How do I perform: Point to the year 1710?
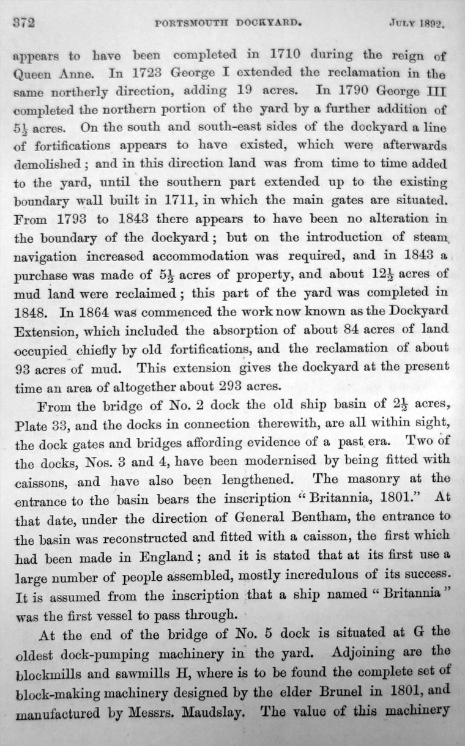278,53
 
